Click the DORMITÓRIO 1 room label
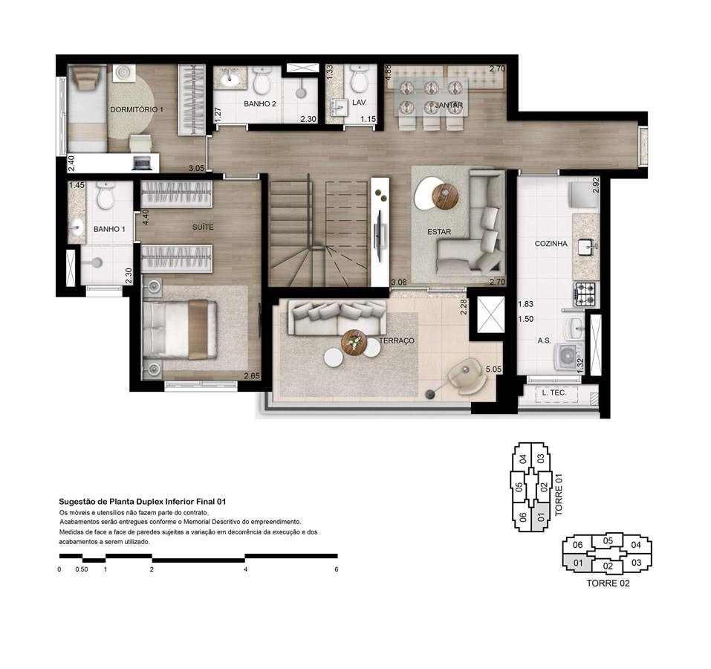coord(136,109)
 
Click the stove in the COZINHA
coord(585,294)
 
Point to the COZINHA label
coord(551,244)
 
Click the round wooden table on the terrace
coord(354,342)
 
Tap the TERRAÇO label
coord(396,340)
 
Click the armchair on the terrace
coord(467,375)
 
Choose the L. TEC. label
coord(555,392)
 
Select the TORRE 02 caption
coord(608,584)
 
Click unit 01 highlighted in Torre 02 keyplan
coord(577,563)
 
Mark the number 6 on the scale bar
coord(337,569)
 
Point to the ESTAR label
coord(438,232)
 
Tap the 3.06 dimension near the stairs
coord(398,282)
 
